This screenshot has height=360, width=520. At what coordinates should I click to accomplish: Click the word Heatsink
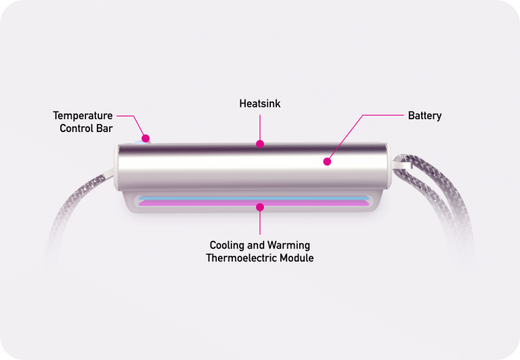[260, 104]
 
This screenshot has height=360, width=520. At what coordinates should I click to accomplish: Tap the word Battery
[425, 116]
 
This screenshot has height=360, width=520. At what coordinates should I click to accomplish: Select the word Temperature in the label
[83, 116]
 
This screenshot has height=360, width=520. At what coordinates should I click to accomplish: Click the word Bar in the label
[106, 129]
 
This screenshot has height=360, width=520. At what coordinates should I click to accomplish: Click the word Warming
[288, 246]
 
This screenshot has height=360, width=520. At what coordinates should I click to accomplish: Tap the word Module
[297, 258]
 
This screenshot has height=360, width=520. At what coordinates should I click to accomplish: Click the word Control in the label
[78, 129]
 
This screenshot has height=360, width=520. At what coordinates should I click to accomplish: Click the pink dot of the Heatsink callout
[260, 144]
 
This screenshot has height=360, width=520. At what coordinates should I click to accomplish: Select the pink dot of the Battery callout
[327, 162]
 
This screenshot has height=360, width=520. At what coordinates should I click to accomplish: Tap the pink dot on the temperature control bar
[146, 138]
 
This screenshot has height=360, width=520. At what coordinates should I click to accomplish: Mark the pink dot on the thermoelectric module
[260, 207]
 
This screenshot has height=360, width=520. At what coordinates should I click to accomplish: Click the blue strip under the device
[254, 198]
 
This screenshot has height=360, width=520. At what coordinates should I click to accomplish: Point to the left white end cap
[116, 167]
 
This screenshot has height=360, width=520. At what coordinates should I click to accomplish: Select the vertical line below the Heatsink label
[260, 128]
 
